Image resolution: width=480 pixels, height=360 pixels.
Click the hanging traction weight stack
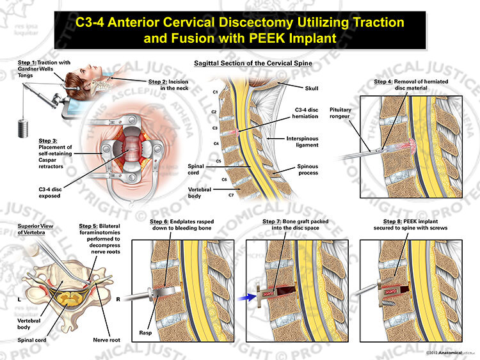click(x=23, y=129)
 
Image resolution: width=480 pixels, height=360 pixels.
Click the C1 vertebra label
click(x=215, y=92)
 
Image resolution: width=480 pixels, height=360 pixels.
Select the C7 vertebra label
click(x=231, y=195)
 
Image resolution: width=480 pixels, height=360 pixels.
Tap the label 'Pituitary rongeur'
click(x=340, y=113)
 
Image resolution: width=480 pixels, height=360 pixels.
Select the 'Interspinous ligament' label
click(x=302, y=142)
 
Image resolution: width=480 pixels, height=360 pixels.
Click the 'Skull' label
click(x=312, y=88)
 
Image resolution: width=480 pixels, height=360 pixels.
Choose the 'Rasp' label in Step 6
click(x=145, y=333)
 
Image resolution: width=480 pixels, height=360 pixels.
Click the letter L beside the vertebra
click(x=19, y=299)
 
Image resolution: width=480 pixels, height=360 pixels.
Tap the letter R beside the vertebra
click(x=118, y=299)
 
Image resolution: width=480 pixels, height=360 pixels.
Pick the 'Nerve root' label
click(x=106, y=340)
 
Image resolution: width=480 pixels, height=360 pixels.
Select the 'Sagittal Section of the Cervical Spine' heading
click(x=253, y=63)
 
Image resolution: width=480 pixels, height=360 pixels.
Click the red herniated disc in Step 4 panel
click(x=410, y=146)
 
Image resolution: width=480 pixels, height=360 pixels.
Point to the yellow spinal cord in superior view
click(x=69, y=297)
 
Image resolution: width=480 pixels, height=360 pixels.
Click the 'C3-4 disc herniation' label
click(x=305, y=113)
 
